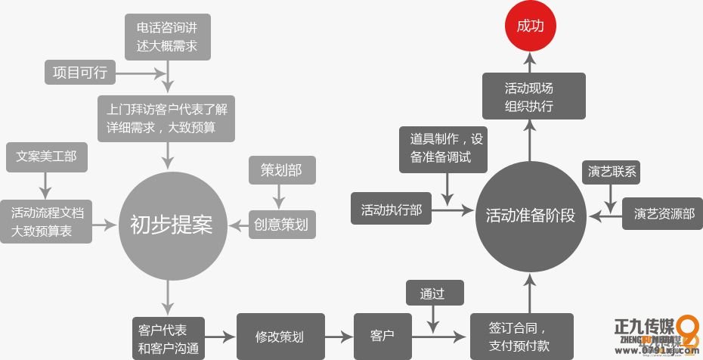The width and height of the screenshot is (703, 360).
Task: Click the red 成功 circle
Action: [x=531, y=26]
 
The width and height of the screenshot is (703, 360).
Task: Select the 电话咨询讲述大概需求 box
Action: [x=168, y=37]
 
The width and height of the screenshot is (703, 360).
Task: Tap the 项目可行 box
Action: [x=79, y=73]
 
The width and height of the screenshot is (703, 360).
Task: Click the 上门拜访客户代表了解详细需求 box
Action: [x=167, y=117]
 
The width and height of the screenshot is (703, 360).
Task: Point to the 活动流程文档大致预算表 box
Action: [x=47, y=222]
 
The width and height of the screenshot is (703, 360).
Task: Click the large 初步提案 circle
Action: [x=171, y=225]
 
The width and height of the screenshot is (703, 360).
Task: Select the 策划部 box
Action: [x=280, y=171]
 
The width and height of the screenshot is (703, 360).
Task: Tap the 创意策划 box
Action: [x=282, y=224]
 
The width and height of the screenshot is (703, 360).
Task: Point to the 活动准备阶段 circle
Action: [x=530, y=215]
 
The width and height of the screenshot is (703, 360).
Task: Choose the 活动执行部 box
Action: [x=391, y=209]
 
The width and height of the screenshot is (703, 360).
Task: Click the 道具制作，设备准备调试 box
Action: [x=444, y=148]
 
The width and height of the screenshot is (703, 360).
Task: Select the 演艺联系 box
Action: [x=612, y=172]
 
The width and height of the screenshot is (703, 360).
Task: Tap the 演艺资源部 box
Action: [x=663, y=214]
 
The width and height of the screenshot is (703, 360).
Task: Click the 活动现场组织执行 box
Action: [x=534, y=96]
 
